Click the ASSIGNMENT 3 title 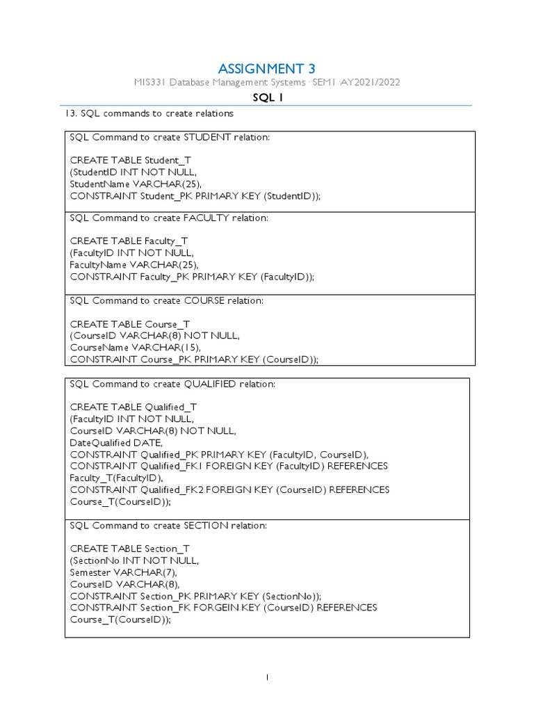266,68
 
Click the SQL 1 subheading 267,98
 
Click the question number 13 70,113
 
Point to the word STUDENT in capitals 202,138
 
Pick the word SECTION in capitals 200,526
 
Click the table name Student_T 168,161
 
